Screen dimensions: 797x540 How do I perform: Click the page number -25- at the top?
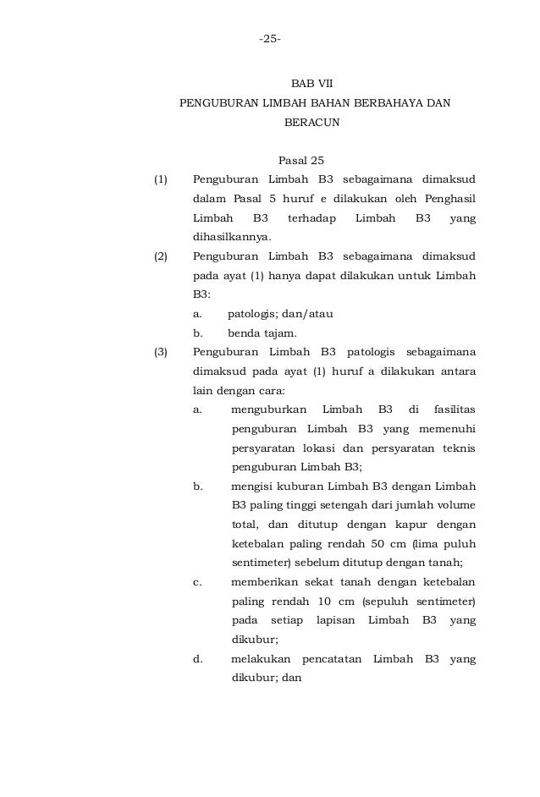271,40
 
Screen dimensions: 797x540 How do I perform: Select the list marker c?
197,582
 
